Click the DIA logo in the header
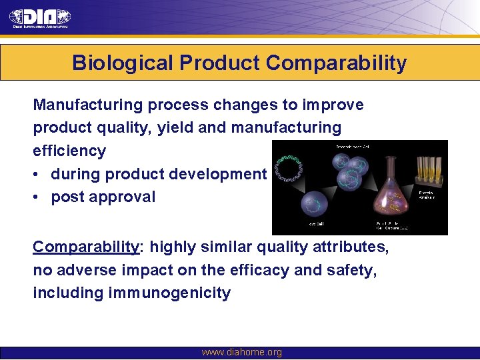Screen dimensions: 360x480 coord(40,18)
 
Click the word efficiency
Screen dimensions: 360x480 coord(69,151)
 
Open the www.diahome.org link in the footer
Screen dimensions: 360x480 coord(241,352)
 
